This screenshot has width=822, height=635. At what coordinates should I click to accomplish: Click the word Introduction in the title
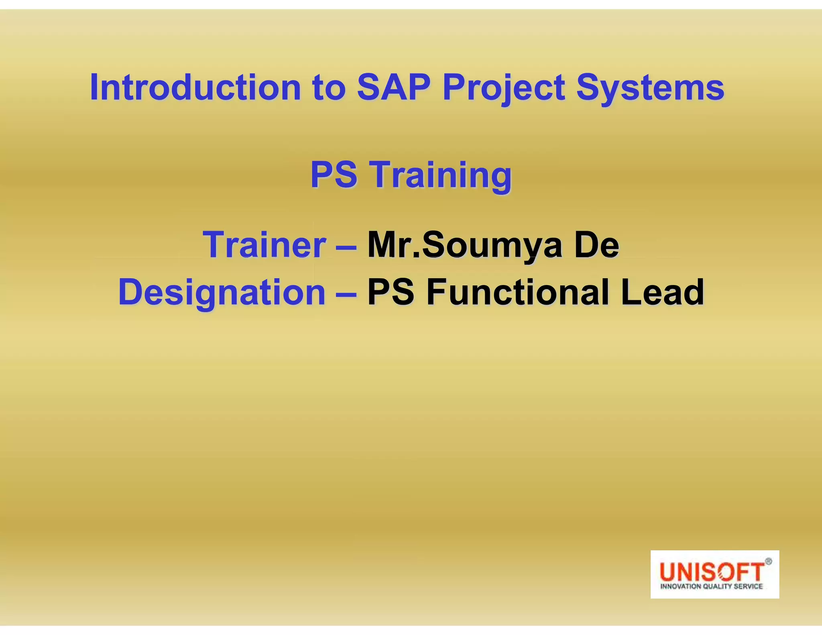195,88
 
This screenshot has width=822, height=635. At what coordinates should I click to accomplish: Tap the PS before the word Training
334,175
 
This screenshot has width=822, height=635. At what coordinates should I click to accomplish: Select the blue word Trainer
265,245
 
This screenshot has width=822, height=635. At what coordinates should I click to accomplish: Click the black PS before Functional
391,292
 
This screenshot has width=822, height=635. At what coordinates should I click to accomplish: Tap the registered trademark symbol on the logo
768,562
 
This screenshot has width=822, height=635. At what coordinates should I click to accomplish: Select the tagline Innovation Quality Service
711,586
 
